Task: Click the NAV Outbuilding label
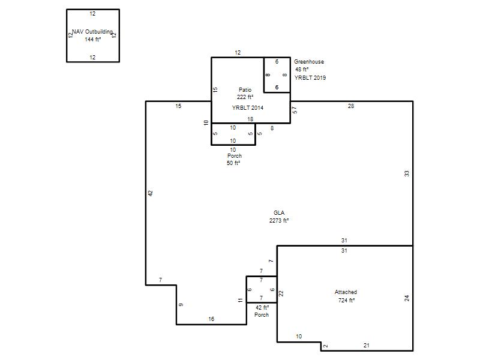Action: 92,32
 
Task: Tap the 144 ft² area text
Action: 93,39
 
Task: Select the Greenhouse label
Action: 309,62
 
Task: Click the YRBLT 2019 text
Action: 310,78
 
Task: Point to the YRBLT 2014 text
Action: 248,108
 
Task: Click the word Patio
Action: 245,89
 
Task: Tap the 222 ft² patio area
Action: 245,97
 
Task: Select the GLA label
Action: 279,213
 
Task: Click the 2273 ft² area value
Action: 279,220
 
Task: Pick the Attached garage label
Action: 346,292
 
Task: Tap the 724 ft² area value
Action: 346,301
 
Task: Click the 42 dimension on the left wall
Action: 151,193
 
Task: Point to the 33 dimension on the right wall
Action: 407,173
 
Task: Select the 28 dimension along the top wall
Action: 351,106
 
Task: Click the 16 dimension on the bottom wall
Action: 211,319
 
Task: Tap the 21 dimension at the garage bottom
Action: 367,346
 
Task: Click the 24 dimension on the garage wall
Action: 407,298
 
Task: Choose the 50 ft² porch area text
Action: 233,163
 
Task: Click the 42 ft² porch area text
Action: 262,307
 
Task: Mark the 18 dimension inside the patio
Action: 250,119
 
